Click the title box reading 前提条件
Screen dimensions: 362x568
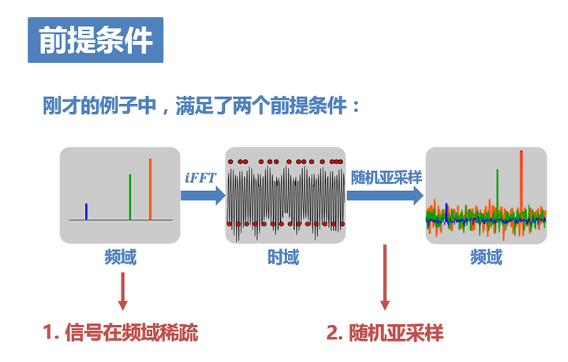pyautogui.click(x=95, y=39)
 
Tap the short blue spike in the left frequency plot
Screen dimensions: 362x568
pyautogui.click(x=86, y=211)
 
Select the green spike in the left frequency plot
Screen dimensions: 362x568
pyautogui.click(x=130, y=197)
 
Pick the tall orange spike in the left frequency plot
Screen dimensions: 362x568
pyautogui.click(x=150, y=189)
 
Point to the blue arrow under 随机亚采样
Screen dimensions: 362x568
pyautogui.click(x=386, y=196)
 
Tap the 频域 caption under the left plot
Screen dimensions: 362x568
pyautogui.click(x=121, y=257)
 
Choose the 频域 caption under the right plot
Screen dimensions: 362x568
pyautogui.click(x=485, y=257)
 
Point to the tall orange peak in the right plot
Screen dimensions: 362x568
pyautogui.click(x=521, y=177)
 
